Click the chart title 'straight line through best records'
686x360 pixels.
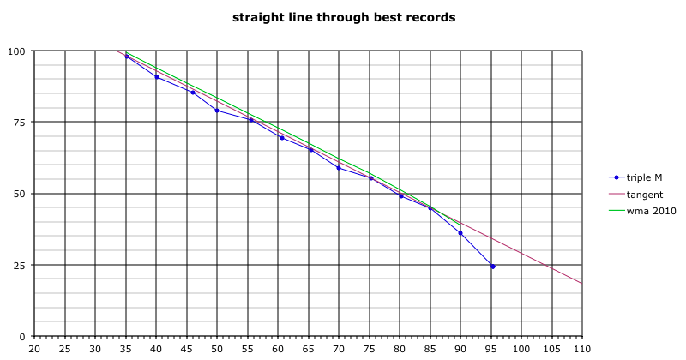pyautogui.click(x=343, y=16)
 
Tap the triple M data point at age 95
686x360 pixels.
pyautogui.click(x=492, y=267)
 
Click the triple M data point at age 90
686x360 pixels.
pyautogui.click(x=460, y=233)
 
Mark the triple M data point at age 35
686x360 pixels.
pyautogui.click(x=127, y=57)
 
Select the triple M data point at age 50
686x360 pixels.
pyautogui.click(x=217, y=111)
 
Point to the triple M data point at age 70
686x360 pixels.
pyautogui.click(x=339, y=168)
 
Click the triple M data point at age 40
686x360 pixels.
pyautogui.click(x=157, y=77)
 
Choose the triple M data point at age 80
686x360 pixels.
pyautogui.click(x=400, y=196)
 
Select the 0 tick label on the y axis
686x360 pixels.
pyautogui.click(x=22, y=336)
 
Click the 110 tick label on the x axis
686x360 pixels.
pyautogui.click(x=582, y=349)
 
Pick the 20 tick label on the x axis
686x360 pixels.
pyautogui.click(x=35, y=349)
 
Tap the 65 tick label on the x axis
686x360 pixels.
pyautogui.click(x=309, y=349)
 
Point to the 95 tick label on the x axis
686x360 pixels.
pyautogui.click(x=491, y=349)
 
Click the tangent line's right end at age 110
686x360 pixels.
pyautogui.click(x=582, y=283)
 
